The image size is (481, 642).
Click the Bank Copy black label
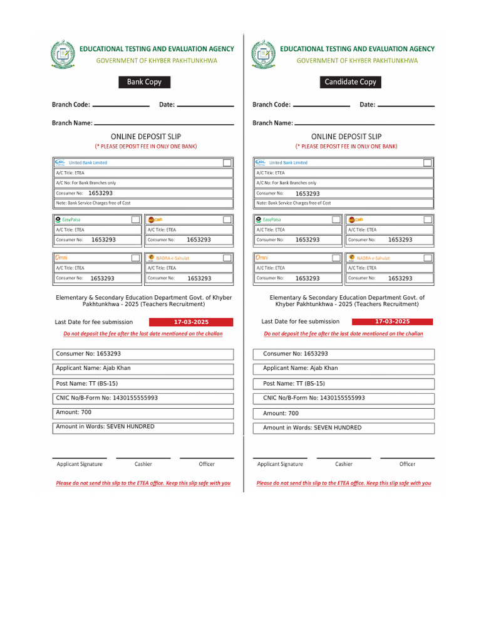[x=144, y=82]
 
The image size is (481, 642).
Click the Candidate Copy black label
[x=350, y=82]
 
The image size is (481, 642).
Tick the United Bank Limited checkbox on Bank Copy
[x=227, y=162]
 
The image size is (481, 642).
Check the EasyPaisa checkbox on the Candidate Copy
[x=336, y=219]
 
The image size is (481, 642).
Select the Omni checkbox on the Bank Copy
[x=135, y=258]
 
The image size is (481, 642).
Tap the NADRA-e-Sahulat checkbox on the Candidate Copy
[x=428, y=258]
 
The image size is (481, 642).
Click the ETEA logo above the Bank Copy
[x=62, y=54]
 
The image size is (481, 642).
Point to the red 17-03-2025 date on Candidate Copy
[x=393, y=322]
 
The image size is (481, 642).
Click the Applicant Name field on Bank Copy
[x=144, y=369]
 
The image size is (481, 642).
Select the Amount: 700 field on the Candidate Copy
[x=343, y=413]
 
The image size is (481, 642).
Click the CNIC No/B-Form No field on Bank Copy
[x=144, y=398]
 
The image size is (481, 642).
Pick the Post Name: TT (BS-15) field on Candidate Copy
[x=343, y=383]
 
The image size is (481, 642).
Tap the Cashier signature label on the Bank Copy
[x=143, y=464]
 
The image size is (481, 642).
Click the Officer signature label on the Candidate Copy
[x=407, y=464]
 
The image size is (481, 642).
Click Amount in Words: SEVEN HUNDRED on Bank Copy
[x=144, y=428]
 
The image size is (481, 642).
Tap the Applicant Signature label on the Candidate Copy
[x=280, y=464]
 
